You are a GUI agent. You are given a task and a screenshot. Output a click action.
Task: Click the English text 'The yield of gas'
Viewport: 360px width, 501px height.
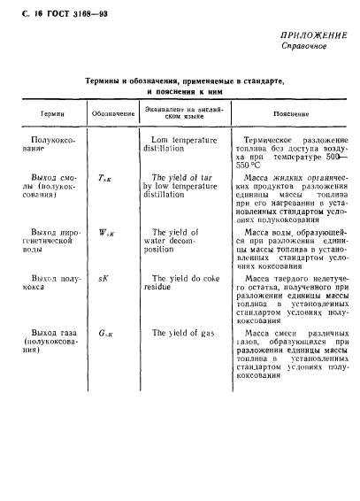pyautogui.click(x=180, y=334)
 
